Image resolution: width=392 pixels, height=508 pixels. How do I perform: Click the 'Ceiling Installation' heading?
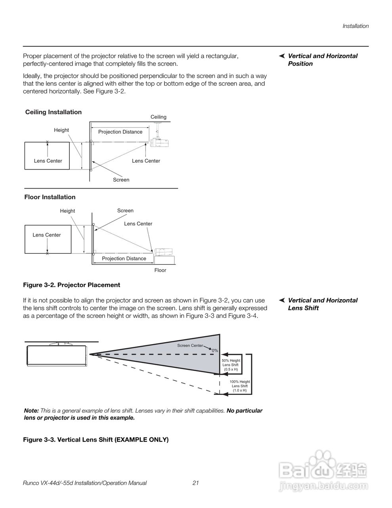pos(54,112)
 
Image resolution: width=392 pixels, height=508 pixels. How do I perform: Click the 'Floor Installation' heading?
pos(50,197)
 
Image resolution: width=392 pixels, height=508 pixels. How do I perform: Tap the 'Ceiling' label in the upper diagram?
pos(159,117)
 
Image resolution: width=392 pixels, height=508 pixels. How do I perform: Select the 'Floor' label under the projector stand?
pos(160,270)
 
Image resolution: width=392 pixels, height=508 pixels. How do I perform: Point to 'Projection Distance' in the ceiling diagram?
pos(120,132)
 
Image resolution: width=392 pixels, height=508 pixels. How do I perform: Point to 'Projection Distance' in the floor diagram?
pos(124,258)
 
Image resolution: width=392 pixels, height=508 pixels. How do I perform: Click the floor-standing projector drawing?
pos(163,252)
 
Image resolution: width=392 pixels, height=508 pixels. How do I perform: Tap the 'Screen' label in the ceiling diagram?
pos(121,180)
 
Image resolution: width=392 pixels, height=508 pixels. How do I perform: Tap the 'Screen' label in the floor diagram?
pos(125,211)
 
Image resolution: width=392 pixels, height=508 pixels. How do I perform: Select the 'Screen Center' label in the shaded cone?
pos(190,345)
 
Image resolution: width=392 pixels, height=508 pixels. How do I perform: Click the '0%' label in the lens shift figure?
pos(215,350)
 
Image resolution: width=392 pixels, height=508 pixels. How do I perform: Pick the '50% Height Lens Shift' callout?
pos(231,365)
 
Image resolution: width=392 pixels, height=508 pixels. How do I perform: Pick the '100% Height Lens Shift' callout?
pos(240,386)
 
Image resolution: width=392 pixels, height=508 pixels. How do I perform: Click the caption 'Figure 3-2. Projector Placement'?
pos(71,285)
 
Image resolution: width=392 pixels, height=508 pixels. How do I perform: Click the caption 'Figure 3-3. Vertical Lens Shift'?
pos(96,440)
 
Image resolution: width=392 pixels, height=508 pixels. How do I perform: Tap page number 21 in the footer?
pos(195,483)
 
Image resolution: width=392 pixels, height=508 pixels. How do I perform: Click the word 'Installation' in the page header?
pos(356,26)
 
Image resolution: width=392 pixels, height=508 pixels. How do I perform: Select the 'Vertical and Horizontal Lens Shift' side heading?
pos(322,304)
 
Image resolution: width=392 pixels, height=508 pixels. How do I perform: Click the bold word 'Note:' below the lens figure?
pos(31,411)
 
